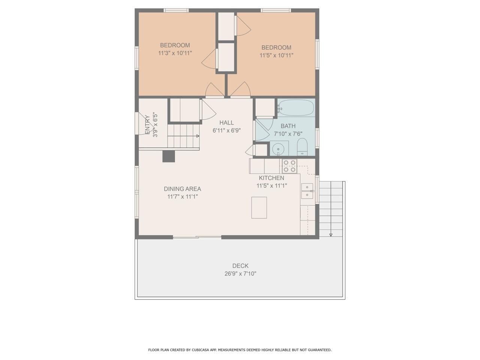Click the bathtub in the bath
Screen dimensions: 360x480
[x=296, y=108]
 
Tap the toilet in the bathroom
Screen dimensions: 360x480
[x=302, y=147]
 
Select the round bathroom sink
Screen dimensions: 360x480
[x=279, y=148]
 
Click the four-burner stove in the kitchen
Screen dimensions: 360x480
[x=289, y=166]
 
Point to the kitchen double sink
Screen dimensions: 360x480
[x=307, y=190]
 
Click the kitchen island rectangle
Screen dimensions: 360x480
[x=259, y=207]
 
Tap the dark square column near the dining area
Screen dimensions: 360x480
[x=168, y=156]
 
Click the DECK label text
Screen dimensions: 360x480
[x=240, y=266]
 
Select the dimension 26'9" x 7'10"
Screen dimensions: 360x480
[x=240, y=274]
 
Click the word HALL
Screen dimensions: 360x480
[x=226, y=123]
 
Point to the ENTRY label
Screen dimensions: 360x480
[x=147, y=124]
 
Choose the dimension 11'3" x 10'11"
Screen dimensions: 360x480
[x=175, y=53]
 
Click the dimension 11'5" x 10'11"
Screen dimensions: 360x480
[x=276, y=55]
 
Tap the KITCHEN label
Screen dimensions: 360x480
[x=271, y=178]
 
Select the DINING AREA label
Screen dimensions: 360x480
[x=182, y=189]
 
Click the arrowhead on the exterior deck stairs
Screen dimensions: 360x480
[x=331, y=235]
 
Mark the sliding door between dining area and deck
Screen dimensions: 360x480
[x=197, y=237]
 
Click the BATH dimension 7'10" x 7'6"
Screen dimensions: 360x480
[x=288, y=134]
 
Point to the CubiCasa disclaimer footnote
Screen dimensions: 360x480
[x=240, y=350]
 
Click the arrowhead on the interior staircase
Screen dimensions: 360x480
[x=197, y=136]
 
